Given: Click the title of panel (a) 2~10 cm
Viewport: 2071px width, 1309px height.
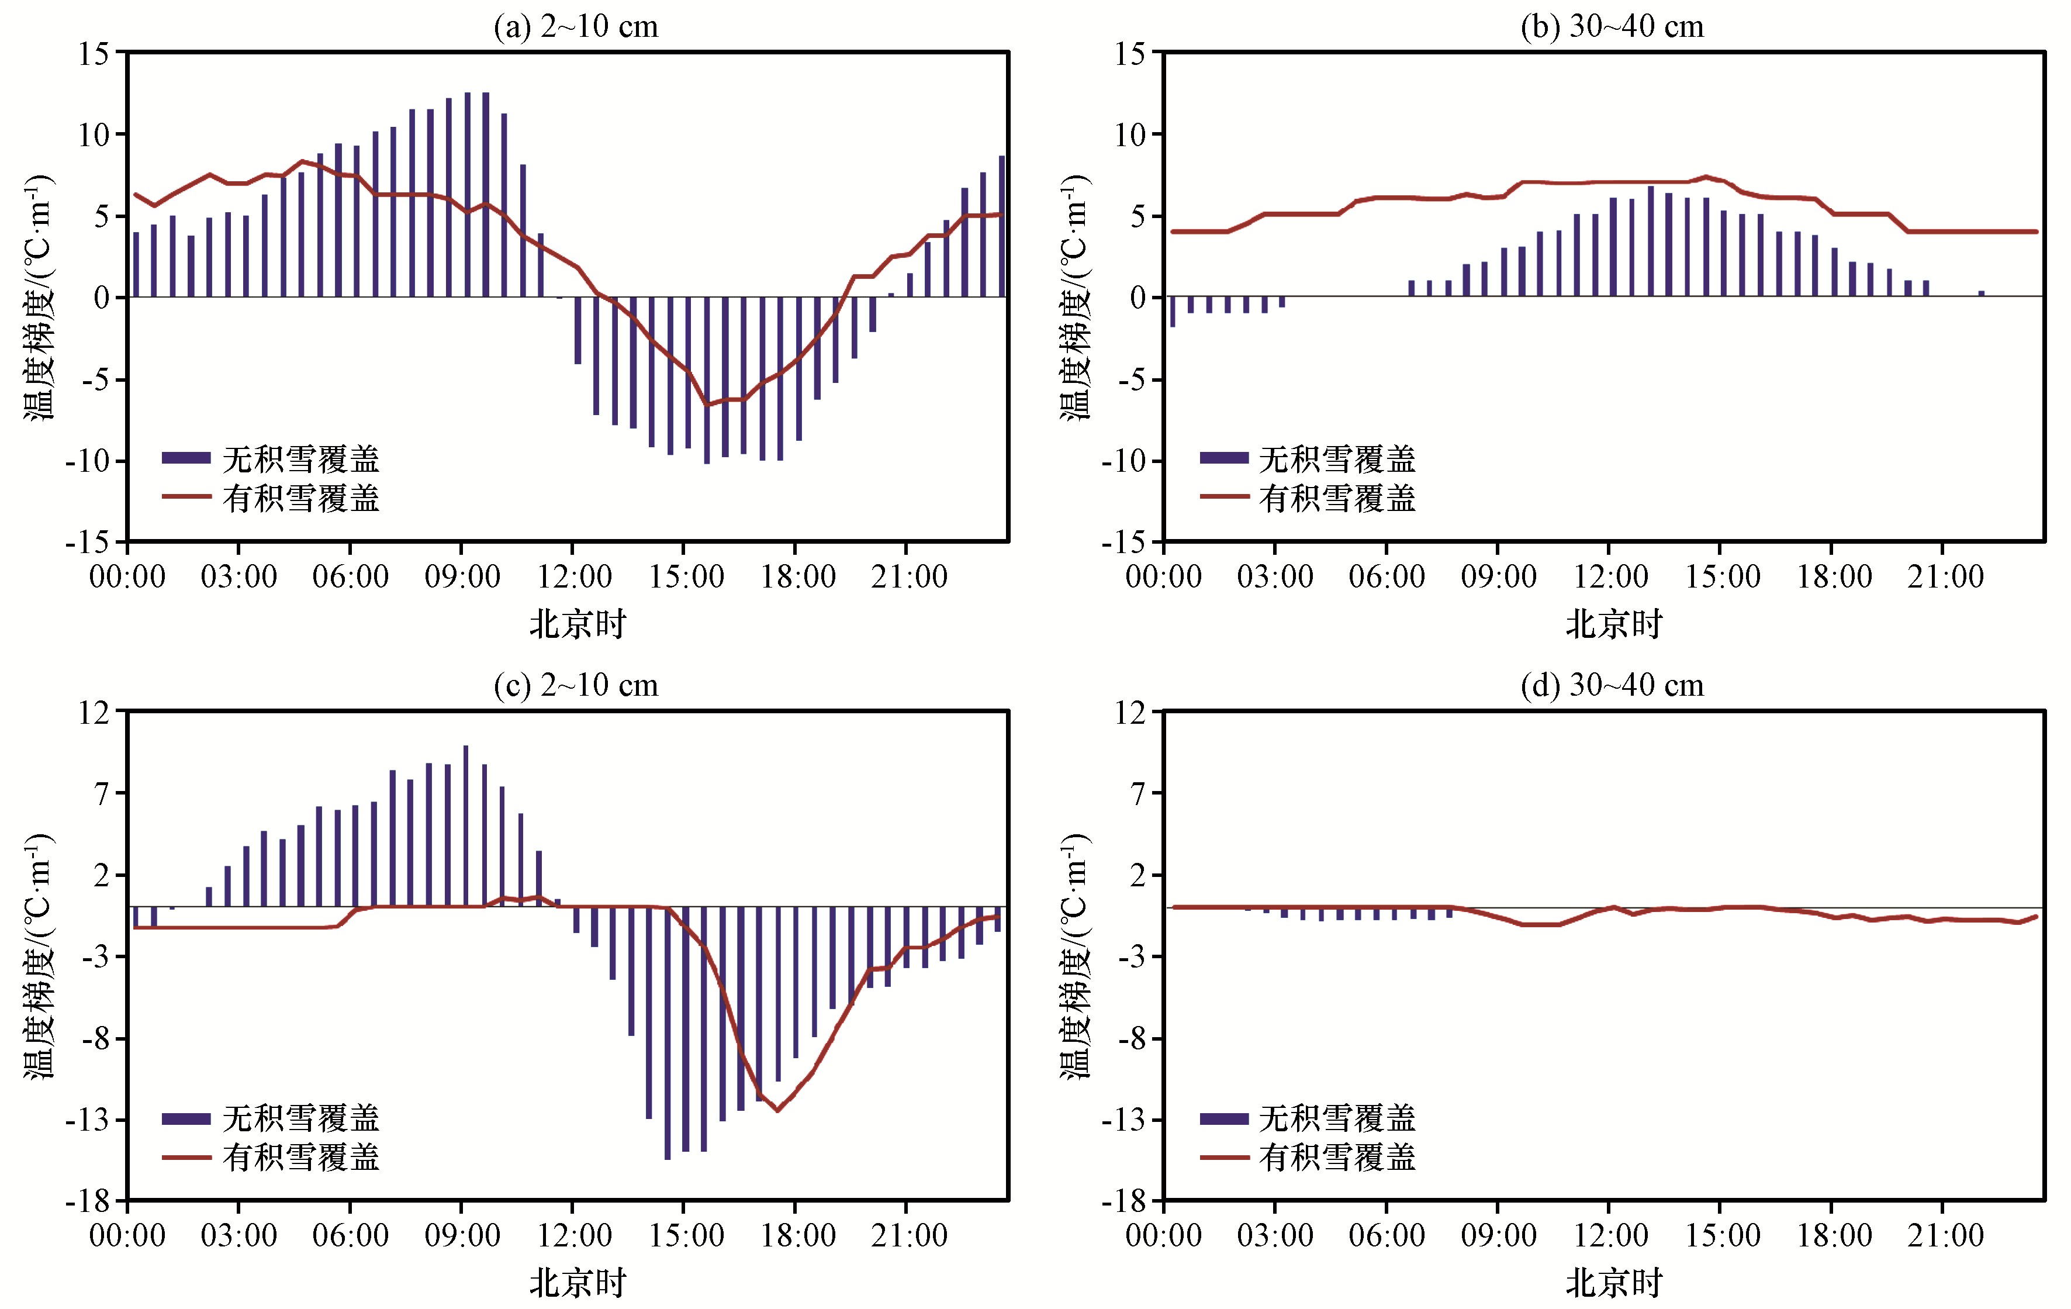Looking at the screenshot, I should (575, 27).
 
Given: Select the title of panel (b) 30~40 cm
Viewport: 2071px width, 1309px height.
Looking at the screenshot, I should (1612, 27).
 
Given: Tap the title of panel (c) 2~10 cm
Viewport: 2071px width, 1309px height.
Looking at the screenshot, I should (575, 685).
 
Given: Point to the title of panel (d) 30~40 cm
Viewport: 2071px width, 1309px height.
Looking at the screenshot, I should (1612, 685).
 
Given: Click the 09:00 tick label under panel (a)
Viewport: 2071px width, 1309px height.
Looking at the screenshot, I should (462, 577).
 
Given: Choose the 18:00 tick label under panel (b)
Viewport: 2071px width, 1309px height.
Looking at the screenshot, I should (1834, 577).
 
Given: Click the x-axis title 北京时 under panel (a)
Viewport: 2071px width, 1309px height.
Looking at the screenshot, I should (577, 624).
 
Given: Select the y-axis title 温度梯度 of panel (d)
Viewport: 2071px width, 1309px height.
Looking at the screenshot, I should (1074, 955).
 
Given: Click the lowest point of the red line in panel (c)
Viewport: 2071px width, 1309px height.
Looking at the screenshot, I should (777, 1110).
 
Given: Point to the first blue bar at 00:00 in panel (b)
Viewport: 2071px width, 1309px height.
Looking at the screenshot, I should (1172, 312).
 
